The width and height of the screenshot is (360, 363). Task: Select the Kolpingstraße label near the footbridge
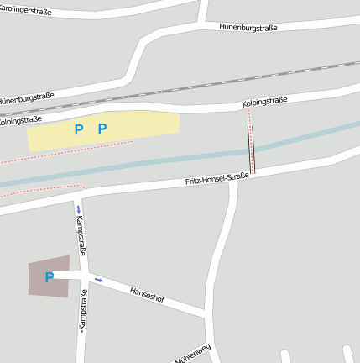coord(263,101)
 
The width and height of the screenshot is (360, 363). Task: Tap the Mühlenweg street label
coord(193,354)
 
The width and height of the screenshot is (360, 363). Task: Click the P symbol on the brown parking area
coord(49,276)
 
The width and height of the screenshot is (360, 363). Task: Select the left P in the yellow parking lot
coord(79,129)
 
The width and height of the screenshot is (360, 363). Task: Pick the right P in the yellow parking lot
coord(102,129)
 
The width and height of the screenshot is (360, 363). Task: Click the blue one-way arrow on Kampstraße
coord(78,208)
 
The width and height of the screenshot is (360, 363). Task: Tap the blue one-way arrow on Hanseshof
coord(98,279)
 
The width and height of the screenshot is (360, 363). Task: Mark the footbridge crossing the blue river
coord(251,150)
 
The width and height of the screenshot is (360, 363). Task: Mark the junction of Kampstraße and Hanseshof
coord(85,276)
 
